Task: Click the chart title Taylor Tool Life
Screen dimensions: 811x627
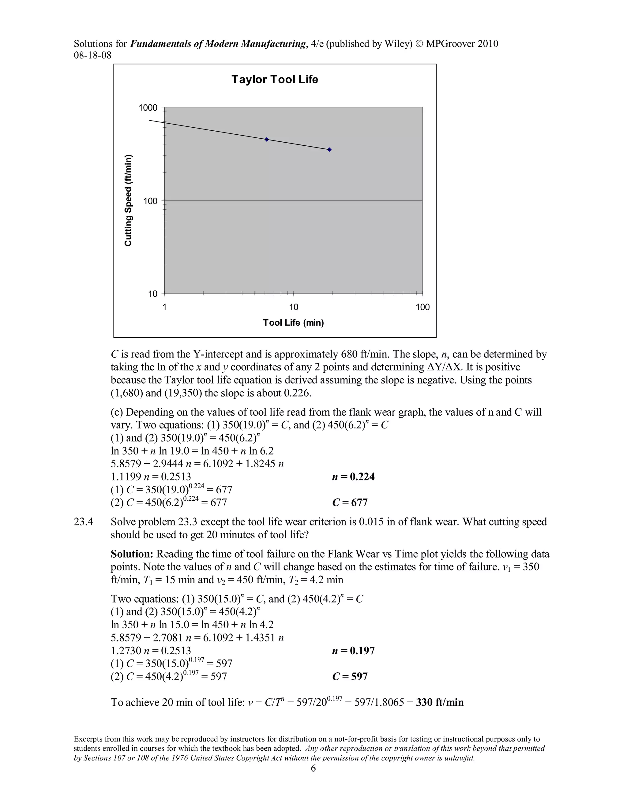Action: [275, 80]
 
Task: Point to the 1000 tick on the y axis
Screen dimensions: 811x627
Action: [148, 108]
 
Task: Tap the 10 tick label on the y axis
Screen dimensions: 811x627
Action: [153, 294]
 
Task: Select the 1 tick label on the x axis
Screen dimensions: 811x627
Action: [164, 307]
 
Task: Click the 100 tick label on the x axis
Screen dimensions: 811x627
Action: [422, 307]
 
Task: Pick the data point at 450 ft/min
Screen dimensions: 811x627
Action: [266, 139]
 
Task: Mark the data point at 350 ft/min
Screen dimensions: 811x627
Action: [329, 150]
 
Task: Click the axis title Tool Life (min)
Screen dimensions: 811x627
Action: [293, 323]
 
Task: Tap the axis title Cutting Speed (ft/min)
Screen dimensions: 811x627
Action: [128, 200]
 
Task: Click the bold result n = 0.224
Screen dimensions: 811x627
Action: [353, 477]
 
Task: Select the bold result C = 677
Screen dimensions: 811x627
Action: [350, 503]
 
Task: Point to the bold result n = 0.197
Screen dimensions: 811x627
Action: [353, 651]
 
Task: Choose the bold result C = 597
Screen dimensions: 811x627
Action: [350, 677]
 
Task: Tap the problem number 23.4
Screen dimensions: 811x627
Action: [84, 522]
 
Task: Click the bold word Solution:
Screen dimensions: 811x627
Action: [132, 554]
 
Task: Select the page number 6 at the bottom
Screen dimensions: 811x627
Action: [313, 768]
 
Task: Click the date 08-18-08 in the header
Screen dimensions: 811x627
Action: [92, 55]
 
